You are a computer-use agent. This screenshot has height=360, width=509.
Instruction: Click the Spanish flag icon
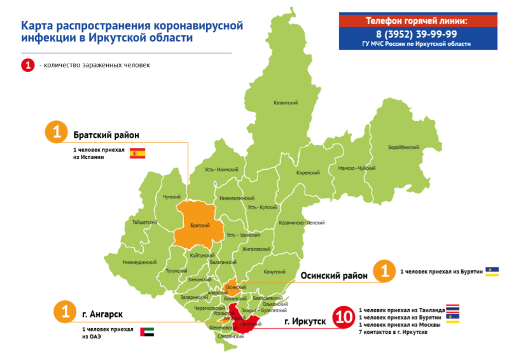click(137, 153)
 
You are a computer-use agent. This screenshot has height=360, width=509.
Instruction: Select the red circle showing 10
click(343, 317)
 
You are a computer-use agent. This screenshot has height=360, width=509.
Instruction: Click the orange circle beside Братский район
click(57, 133)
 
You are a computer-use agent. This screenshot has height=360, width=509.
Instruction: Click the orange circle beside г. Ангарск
click(64, 312)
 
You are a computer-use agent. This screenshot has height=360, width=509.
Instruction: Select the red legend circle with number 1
click(27, 65)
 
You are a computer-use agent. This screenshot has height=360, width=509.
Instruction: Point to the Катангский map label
click(286, 102)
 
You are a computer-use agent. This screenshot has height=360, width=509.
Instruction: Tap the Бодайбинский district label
click(403, 147)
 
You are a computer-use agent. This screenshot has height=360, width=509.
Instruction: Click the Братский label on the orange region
click(200, 226)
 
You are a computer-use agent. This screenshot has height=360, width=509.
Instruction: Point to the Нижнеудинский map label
click(139, 262)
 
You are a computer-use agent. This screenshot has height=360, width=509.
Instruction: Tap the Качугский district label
click(274, 272)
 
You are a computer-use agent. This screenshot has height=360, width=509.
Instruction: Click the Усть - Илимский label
click(221, 169)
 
